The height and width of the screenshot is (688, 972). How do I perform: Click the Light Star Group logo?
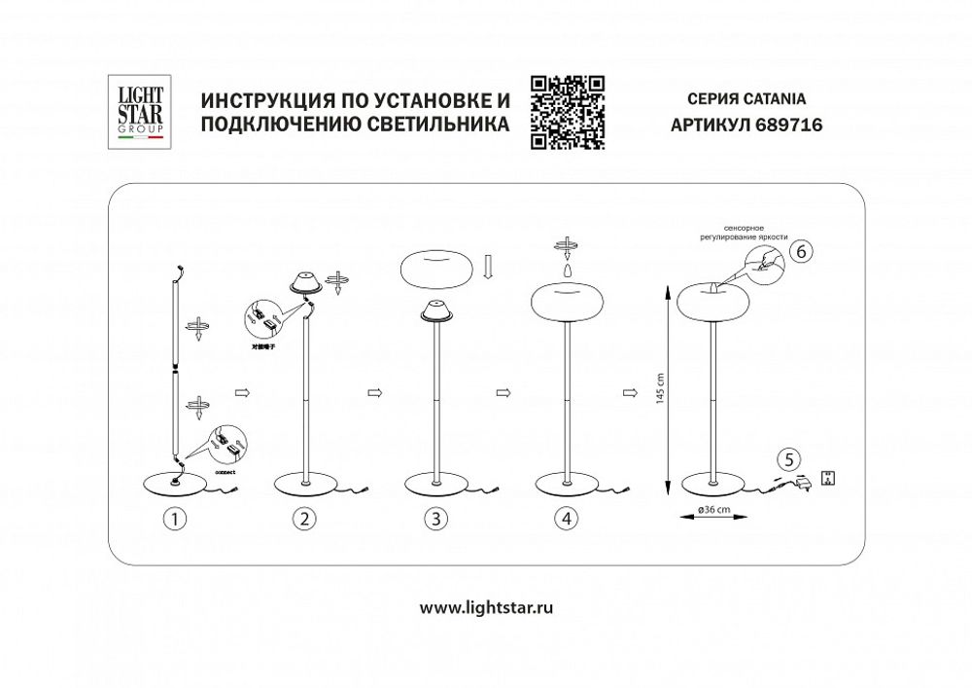142,113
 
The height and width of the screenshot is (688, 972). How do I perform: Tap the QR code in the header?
568,112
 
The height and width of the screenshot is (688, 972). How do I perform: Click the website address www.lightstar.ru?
486,607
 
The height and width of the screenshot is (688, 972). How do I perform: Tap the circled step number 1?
174,519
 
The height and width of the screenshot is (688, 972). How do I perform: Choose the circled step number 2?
305,519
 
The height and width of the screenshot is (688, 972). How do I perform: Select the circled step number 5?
790,459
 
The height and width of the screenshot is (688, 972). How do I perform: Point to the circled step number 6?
799,251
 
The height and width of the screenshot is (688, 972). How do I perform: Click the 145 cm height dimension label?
658,388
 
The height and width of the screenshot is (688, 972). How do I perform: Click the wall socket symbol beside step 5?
829,478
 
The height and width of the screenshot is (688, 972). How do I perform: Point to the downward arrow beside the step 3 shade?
488,265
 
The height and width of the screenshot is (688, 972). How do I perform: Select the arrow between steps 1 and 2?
242,393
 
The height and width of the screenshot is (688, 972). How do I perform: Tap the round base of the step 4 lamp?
567,484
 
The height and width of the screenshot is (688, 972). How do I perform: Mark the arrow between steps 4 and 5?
630,393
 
